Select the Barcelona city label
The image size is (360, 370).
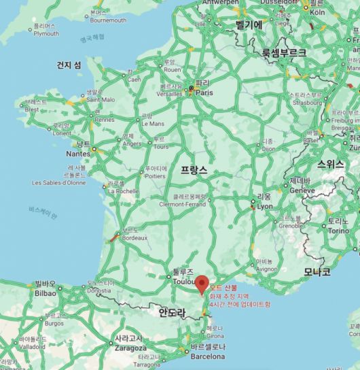(207, 356)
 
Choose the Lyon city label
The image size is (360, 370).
(264, 205)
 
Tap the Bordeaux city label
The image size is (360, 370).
(134, 238)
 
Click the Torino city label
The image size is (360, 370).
(338, 231)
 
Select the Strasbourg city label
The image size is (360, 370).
(306, 105)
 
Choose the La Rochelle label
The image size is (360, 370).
(124, 191)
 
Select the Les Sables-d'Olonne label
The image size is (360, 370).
(59, 182)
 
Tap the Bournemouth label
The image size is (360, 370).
(108, 20)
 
